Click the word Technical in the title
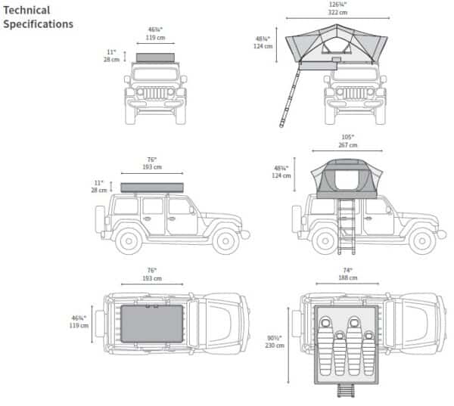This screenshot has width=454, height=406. point(26,11)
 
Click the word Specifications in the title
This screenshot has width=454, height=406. point(39,24)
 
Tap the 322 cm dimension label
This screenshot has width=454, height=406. point(337,12)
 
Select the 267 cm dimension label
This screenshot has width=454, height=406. point(348,145)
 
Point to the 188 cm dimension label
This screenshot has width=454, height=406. point(348,277)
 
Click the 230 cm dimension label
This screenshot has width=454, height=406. point(275,346)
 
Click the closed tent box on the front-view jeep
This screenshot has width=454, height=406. point(155,57)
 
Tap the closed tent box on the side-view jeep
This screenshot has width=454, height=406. point(152,188)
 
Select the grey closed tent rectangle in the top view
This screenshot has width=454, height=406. point(152,324)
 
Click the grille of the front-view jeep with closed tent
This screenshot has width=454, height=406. point(155,93)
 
